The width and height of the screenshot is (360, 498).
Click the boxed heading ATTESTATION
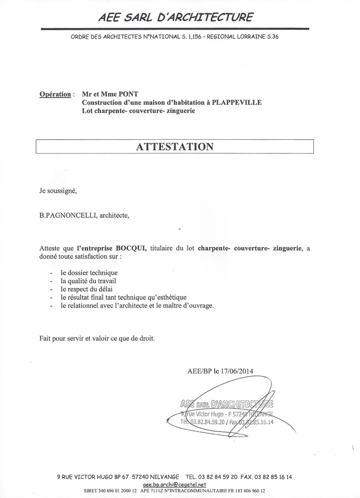click(x=175, y=147)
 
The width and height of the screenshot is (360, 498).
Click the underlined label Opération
click(x=55, y=94)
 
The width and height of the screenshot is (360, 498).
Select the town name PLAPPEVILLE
click(x=236, y=102)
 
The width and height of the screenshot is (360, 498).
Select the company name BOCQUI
click(x=131, y=249)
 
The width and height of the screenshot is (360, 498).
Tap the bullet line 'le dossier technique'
click(x=89, y=273)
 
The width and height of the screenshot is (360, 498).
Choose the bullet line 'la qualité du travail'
click(x=88, y=281)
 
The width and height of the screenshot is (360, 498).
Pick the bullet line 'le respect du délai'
click(x=86, y=289)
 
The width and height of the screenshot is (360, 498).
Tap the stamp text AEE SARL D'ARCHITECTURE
click(x=227, y=404)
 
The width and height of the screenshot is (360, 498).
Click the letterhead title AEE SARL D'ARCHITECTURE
click(x=175, y=18)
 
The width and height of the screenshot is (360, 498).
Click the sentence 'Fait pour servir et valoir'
click(x=97, y=338)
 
